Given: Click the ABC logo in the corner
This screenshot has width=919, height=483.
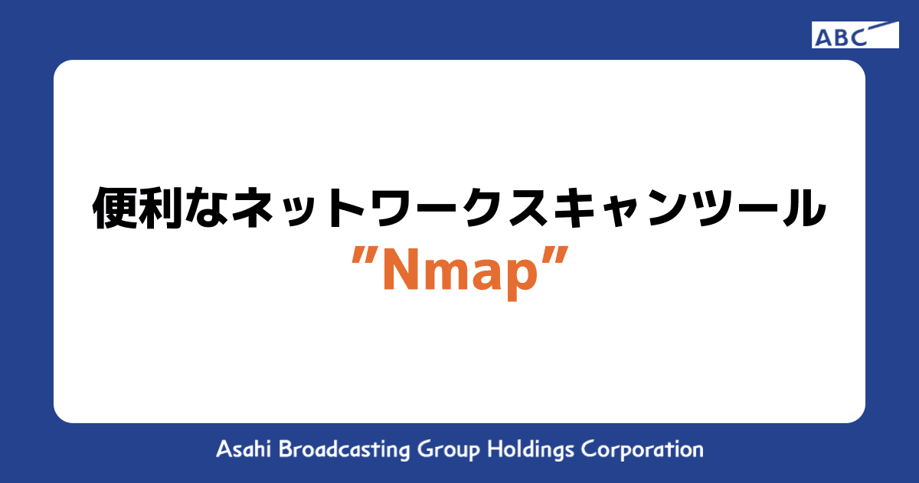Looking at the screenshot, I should click(x=855, y=35).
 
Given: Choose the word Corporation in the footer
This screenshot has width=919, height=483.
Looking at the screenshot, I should click(x=642, y=450).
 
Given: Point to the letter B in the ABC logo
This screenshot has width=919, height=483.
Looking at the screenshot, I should click(x=840, y=36).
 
